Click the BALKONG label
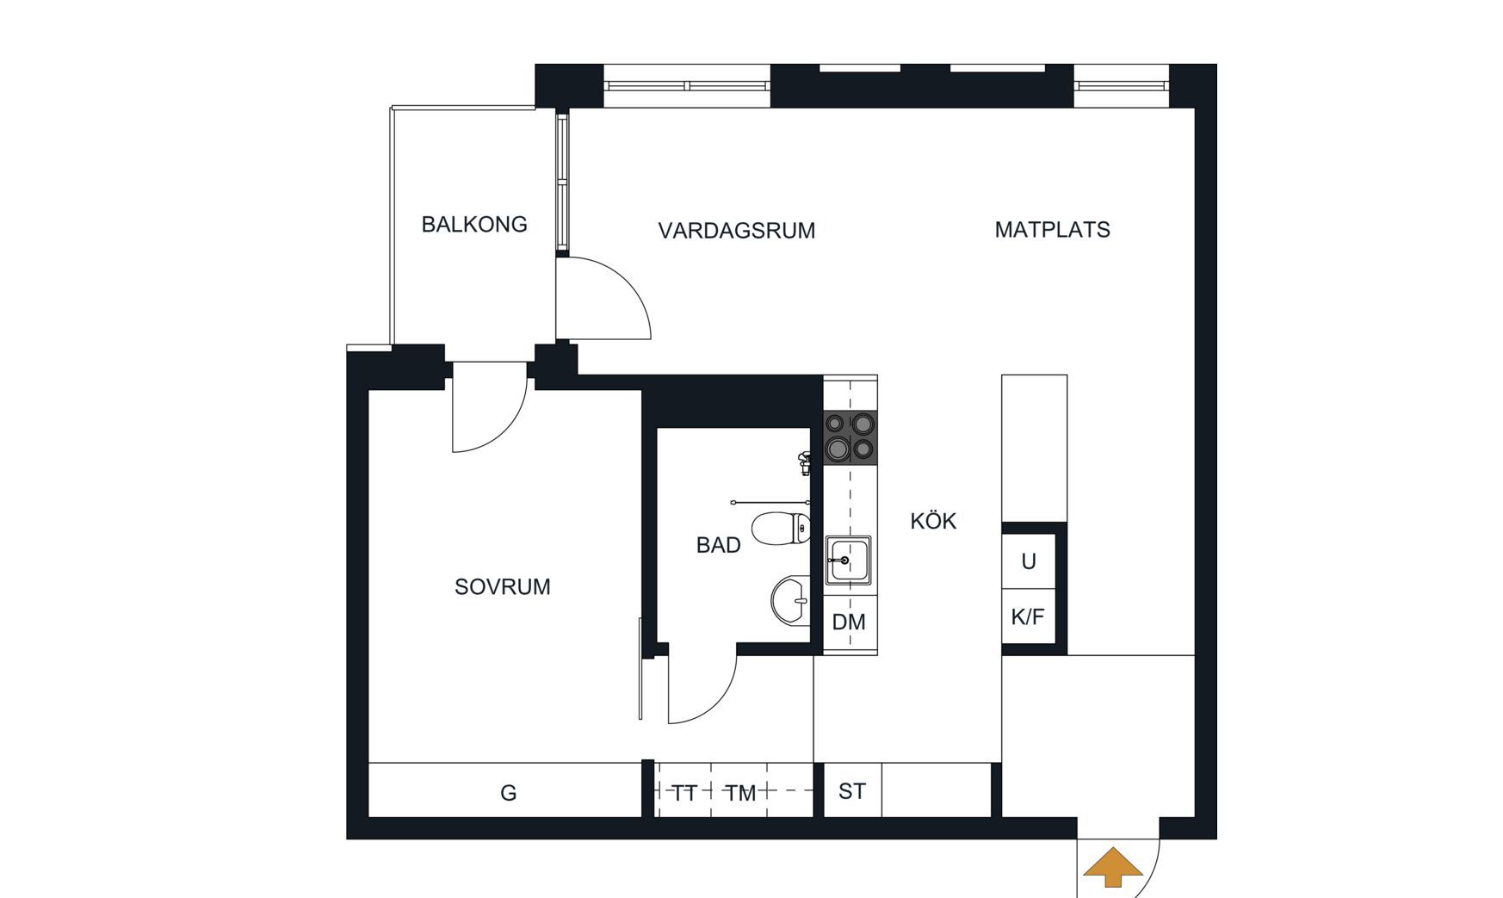pos(474,225)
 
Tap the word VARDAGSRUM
pos(737,231)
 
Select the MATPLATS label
pos(1052,230)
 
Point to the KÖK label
pos(933,520)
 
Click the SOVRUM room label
pos(503,587)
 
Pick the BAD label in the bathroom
pos(719,545)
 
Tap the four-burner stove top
pos(850,437)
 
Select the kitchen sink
pos(849,560)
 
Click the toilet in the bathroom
pos(781,529)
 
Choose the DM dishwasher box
pos(850,622)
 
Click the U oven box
pos(1029,562)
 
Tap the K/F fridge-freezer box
pos(1029,616)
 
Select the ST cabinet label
pos(852,791)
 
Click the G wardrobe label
pos(509,793)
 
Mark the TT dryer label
pos(684,793)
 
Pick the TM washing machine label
pos(740,793)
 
